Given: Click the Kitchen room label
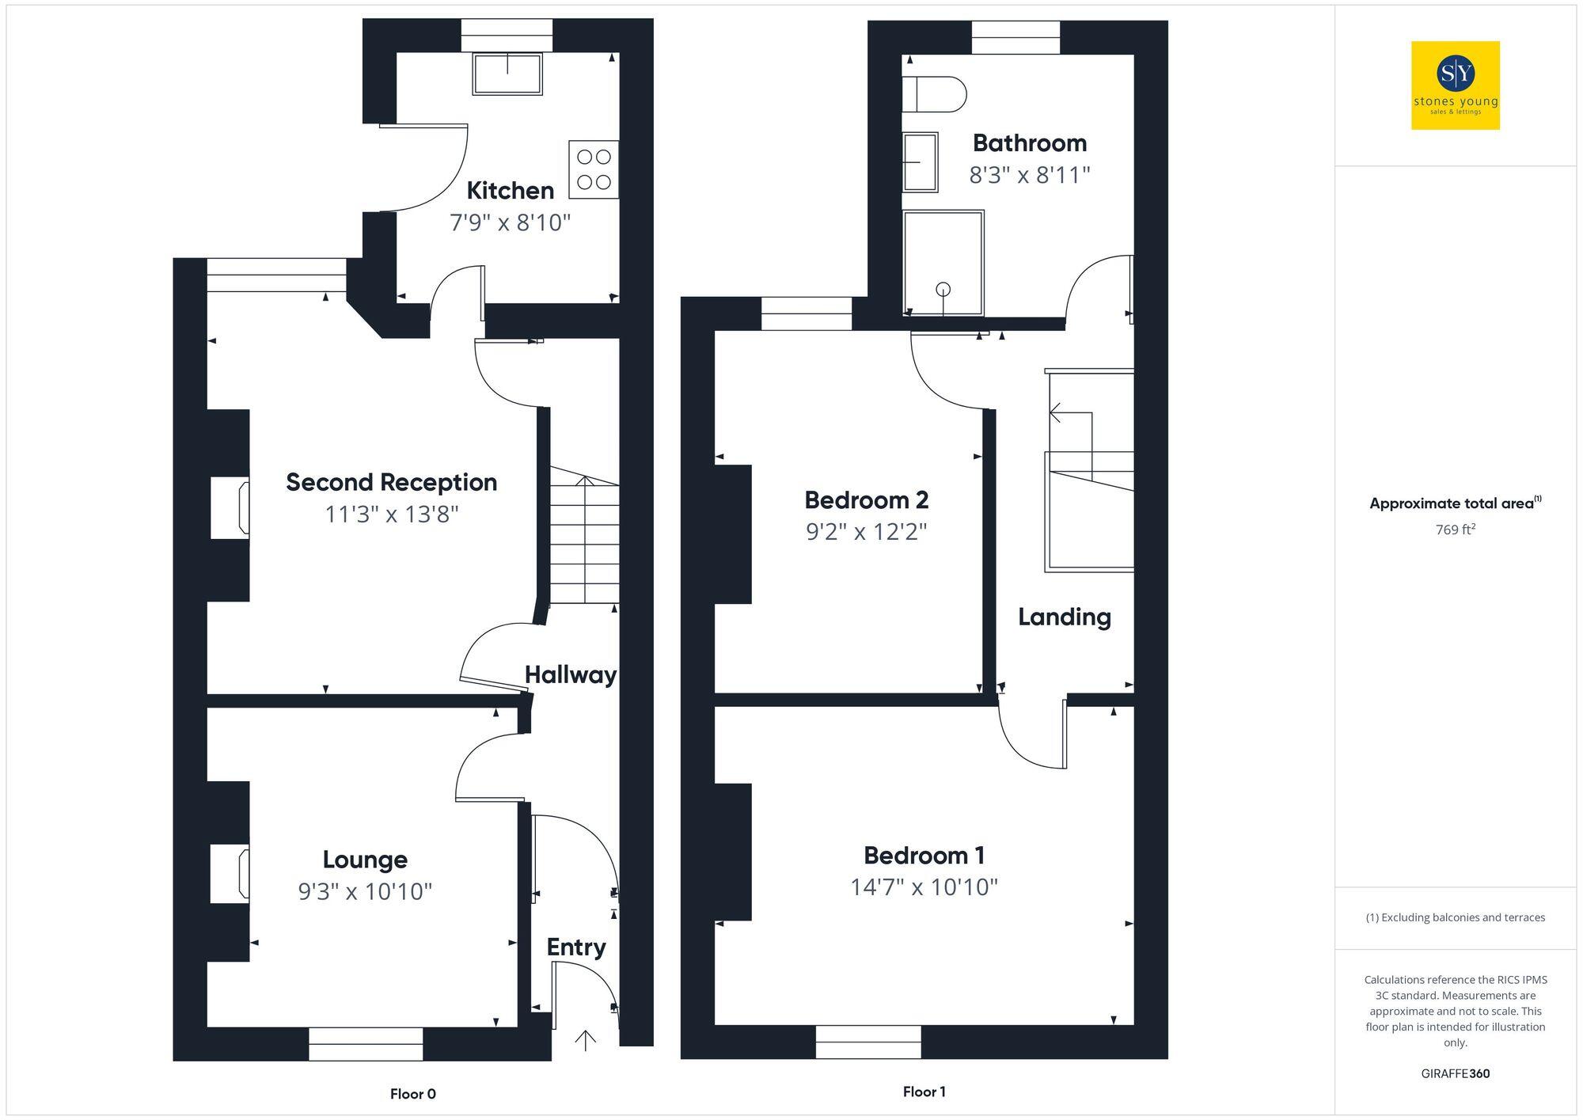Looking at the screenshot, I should [x=510, y=191].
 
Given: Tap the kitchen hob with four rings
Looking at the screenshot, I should [x=594, y=169].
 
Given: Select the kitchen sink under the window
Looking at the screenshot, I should [x=507, y=74].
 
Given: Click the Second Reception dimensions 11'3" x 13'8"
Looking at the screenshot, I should [x=392, y=514].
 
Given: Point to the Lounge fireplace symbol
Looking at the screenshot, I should [x=230, y=873].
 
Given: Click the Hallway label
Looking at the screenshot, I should [x=570, y=675].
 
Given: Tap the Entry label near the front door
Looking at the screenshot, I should [x=576, y=947].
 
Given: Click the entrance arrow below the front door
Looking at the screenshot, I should [x=585, y=1040].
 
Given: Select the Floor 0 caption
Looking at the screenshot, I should [x=412, y=1094].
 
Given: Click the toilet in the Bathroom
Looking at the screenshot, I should [x=934, y=95].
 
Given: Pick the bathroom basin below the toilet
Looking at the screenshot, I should [x=921, y=162].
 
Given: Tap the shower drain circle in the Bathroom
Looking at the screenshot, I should [x=943, y=290].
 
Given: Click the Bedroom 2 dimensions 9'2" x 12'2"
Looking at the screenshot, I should [x=866, y=532].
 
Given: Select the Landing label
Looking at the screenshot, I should [x=1064, y=617].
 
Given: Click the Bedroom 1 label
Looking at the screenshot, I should [x=924, y=856].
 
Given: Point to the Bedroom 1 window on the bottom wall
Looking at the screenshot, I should [x=868, y=1042].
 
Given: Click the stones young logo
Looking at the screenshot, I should [x=1455, y=85].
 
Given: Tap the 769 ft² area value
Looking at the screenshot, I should [x=1455, y=530].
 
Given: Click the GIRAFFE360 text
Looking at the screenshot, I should [x=1455, y=1074].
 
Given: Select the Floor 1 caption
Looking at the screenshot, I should [x=924, y=1092].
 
